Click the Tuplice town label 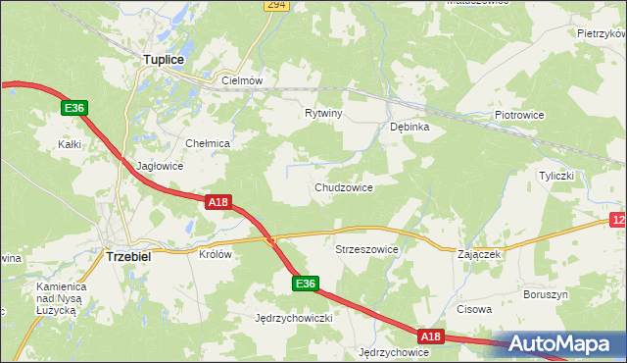tap(164, 60)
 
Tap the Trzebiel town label tap(127, 256)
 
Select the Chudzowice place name tap(343, 187)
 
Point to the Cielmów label tap(243, 81)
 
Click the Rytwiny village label tap(323, 114)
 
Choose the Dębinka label tap(410, 127)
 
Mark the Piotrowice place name tap(519, 115)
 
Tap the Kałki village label tap(69, 144)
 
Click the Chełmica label tap(207, 143)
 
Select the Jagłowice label tap(160, 167)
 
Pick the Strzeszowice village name tap(367, 249)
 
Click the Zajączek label tap(479, 254)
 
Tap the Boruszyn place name tap(546, 294)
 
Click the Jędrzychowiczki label tap(295, 319)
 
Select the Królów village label tap(215, 253)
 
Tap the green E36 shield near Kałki tap(74, 108)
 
